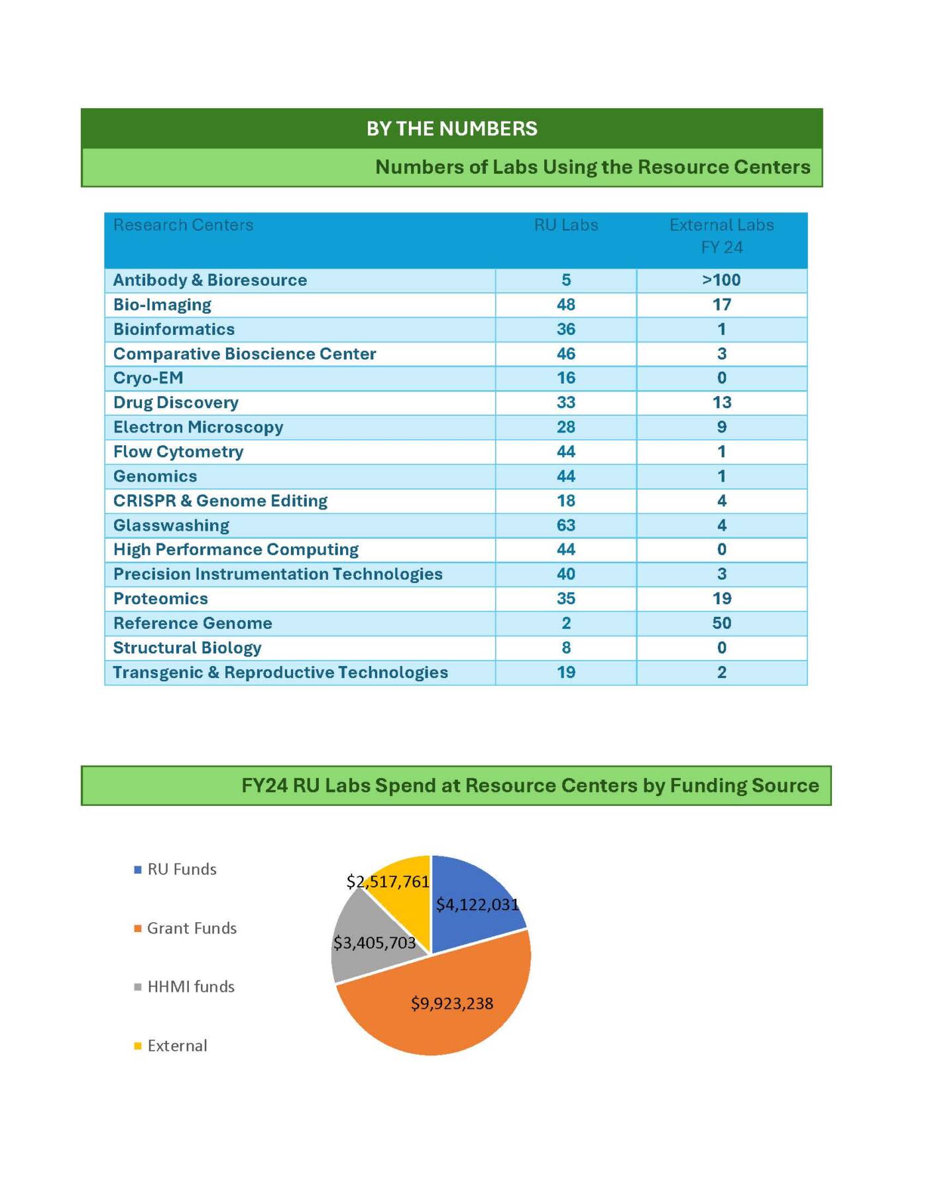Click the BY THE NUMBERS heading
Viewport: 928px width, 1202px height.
451,129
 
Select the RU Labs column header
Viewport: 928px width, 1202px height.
565,226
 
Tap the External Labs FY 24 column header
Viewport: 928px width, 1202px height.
721,236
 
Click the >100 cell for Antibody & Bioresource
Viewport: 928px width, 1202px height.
721,280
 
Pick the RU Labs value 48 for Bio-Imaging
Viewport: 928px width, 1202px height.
565,304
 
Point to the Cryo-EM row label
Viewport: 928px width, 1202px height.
148,378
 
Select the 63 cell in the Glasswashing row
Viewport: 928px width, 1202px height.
565,525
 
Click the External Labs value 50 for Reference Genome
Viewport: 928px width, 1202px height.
721,623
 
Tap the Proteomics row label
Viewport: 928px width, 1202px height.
160,598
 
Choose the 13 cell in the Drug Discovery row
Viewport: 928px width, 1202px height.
721,403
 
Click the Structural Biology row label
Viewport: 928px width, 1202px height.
187,647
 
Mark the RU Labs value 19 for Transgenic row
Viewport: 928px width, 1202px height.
565,672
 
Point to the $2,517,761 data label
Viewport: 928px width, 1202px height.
388,882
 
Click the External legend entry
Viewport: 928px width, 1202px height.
176,1046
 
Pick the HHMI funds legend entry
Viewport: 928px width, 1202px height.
190,987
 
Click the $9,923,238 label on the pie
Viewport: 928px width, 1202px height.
452,1004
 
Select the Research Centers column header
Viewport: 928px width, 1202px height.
183,226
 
